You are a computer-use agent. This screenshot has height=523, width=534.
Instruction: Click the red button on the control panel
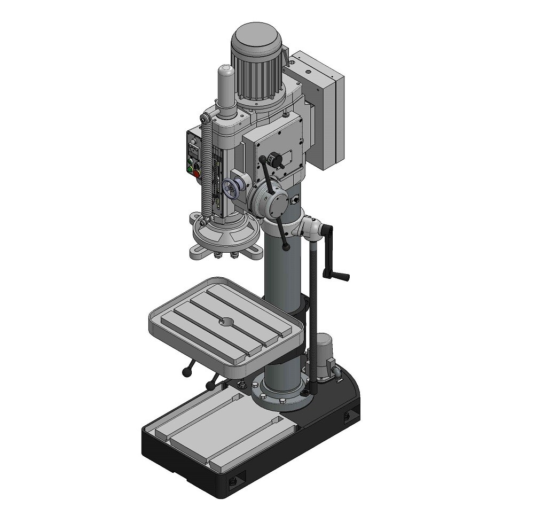[x=196, y=174]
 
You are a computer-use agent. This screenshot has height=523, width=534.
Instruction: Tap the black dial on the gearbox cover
[x=275, y=159]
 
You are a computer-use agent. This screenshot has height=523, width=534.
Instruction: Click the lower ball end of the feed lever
[x=287, y=247]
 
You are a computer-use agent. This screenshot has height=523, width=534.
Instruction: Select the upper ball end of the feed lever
[x=262, y=160]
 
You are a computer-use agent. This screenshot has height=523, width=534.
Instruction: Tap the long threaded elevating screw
[x=315, y=321]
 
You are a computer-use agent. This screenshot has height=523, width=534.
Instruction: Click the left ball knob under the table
[x=186, y=372]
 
